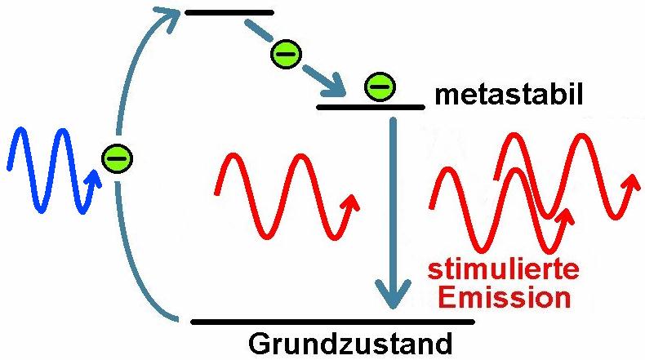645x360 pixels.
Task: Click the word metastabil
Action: click(509, 95)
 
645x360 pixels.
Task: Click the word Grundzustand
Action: click(350, 344)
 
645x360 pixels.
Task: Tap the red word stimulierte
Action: click(504, 269)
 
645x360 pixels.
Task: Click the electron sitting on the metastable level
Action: click(380, 87)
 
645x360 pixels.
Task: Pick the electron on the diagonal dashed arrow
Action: click(286, 54)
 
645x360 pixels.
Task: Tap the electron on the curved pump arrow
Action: click(118, 158)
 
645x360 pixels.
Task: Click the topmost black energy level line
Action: click(229, 13)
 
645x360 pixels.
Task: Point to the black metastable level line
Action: click(371, 108)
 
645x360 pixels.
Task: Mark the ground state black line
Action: click(333, 322)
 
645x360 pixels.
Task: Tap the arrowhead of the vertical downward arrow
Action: click(394, 294)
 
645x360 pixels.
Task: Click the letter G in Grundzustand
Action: click(258, 344)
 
